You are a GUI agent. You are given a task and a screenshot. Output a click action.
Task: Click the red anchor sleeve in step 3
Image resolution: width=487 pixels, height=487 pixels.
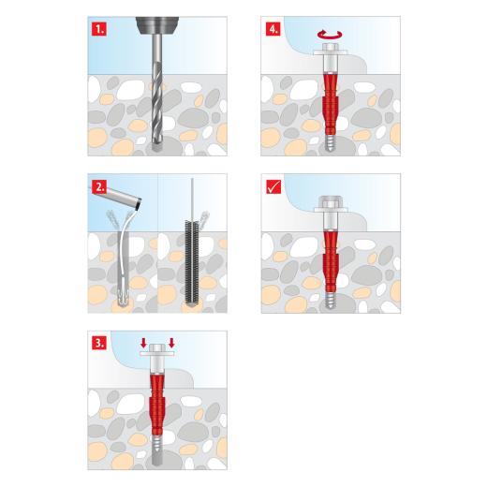158,398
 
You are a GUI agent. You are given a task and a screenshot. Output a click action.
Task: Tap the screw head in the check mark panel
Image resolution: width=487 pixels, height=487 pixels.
331,203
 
